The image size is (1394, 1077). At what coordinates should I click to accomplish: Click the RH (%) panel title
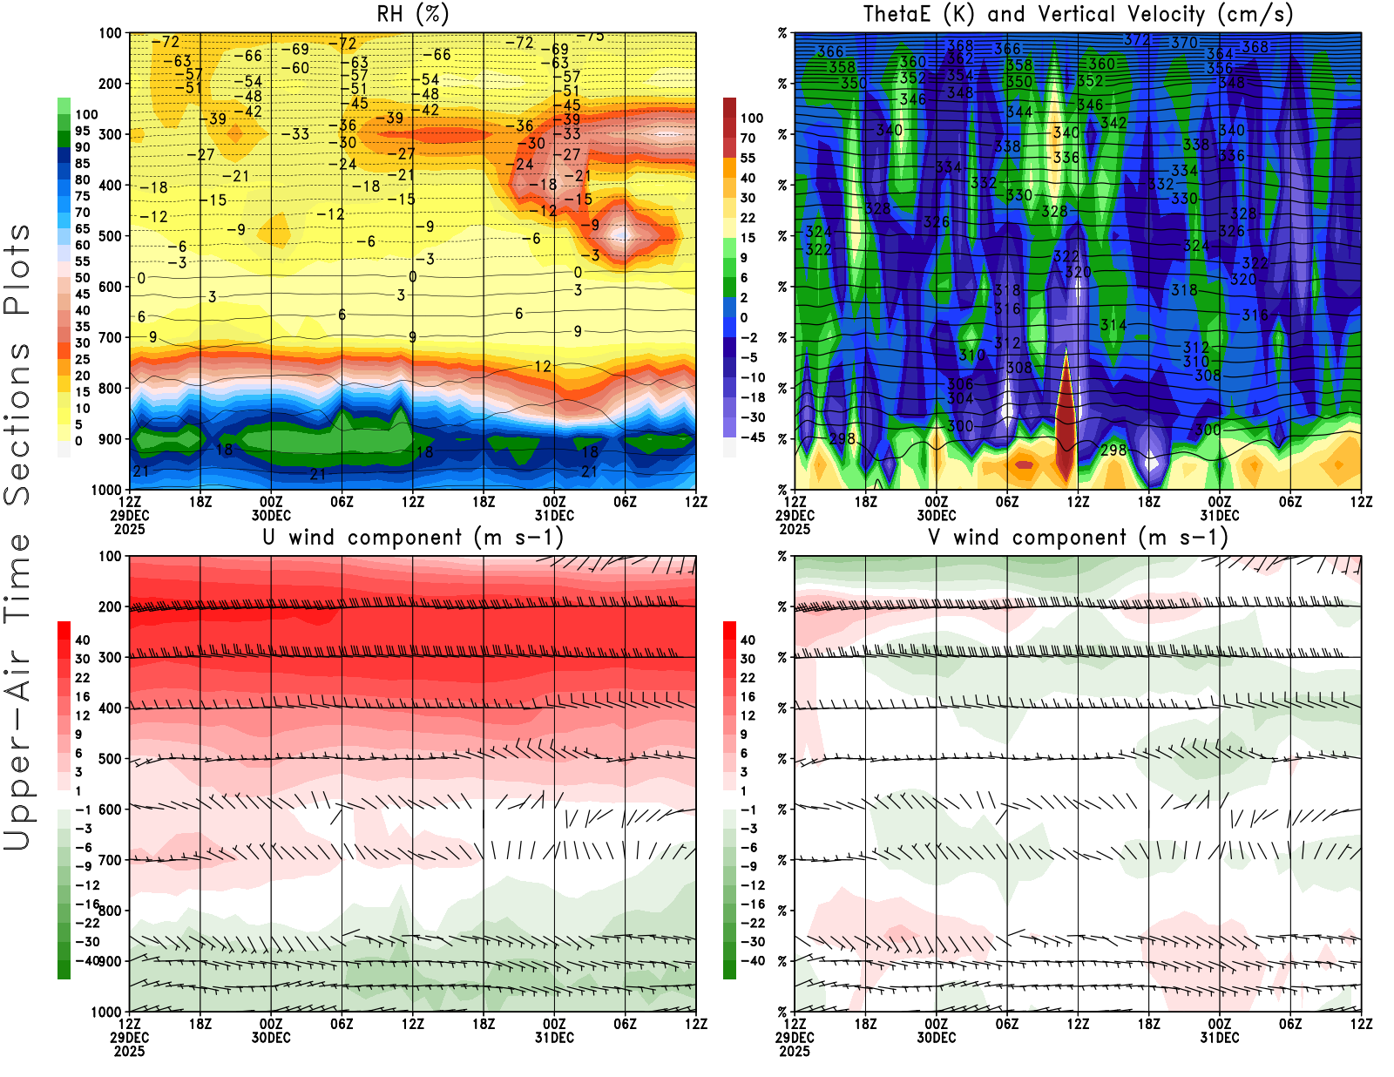(412, 15)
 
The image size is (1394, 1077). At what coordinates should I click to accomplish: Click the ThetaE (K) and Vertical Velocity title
(1078, 15)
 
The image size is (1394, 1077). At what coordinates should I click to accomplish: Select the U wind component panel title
(412, 538)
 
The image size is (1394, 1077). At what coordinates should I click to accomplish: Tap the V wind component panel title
(1078, 538)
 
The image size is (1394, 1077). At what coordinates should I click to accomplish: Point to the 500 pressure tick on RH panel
(110, 236)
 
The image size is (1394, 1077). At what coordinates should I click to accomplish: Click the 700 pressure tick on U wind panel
(110, 860)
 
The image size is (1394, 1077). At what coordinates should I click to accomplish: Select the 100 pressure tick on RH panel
(110, 34)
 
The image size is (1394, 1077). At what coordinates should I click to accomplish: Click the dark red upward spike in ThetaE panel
(1066, 418)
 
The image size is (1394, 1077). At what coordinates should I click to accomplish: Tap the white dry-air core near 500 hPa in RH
(621, 234)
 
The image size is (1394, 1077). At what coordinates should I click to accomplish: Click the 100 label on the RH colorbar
(86, 114)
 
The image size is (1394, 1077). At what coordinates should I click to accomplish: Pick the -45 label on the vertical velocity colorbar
(752, 437)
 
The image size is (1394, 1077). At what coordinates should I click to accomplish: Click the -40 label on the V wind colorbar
(752, 961)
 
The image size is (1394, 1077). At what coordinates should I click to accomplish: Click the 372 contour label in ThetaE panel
(1137, 40)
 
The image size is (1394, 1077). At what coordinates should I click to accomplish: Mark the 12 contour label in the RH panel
(543, 367)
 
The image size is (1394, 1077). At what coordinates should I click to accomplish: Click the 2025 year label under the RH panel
(129, 529)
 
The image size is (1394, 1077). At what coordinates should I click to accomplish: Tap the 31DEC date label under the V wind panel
(1219, 1038)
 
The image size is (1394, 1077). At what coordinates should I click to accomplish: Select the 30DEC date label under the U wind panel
(271, 1038)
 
